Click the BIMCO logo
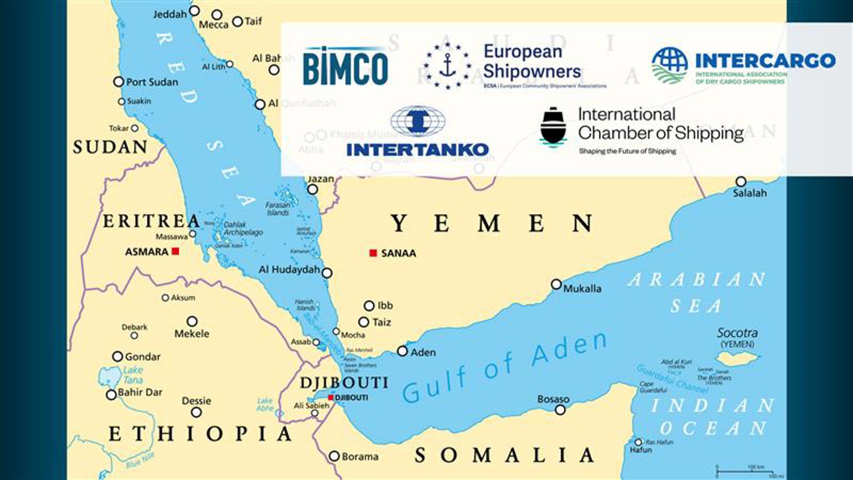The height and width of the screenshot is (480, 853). [345, 67]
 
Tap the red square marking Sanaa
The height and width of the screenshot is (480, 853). [373, 253]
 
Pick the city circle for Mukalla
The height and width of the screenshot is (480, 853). [556, 284]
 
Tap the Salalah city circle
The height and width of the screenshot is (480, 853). [741, 181]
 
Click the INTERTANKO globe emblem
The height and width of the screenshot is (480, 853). [417, 121]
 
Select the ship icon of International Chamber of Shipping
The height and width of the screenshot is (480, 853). [553, 126]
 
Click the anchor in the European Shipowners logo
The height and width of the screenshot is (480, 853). [448, 66]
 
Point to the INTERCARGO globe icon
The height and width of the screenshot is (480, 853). [670, 65]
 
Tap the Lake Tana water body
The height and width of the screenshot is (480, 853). [110, 377]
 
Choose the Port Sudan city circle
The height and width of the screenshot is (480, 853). [119, 82]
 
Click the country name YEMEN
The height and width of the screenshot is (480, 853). [492, 223]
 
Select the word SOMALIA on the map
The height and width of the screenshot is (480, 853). [504, 455]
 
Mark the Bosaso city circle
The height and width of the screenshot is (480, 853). [560, 410]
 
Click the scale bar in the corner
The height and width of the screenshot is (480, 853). [749, 472]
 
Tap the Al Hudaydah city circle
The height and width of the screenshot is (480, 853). [327, 273]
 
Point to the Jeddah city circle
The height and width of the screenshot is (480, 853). [195, 11]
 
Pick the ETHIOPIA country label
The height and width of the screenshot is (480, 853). [200, 434]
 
